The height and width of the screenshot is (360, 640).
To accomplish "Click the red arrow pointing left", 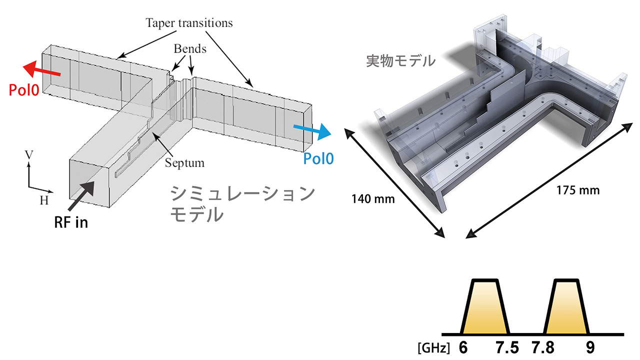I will [x=42, y=69].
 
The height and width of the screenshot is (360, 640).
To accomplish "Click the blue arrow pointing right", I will [x=312, y=130].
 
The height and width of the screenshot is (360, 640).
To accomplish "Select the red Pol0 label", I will [x=24, y=90].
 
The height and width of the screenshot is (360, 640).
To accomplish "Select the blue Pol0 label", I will [x=318, y=158].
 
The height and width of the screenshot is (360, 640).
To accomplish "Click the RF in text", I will [x=71, y=222].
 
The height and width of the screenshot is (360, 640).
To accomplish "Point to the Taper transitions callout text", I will [x=189, y=23].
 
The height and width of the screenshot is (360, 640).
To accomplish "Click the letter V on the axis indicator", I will [x=29, y=155].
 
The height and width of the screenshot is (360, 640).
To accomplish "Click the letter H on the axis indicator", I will [x=44, y=200].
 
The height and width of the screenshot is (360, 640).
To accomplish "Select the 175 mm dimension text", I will [x=578, y=190].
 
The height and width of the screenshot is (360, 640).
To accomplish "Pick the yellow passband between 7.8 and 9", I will [x=567, y=310].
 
